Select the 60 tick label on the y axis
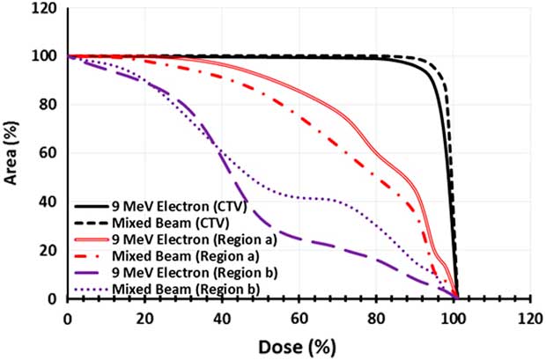click(x=49, y=154)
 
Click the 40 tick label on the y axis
click(x=49, y=202)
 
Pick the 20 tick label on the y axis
click(x=49, y=251)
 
